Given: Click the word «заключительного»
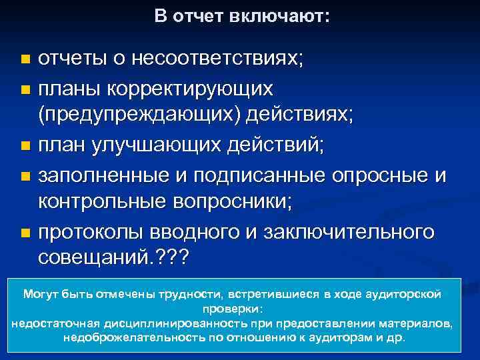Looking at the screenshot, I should [x=359, y=233].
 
